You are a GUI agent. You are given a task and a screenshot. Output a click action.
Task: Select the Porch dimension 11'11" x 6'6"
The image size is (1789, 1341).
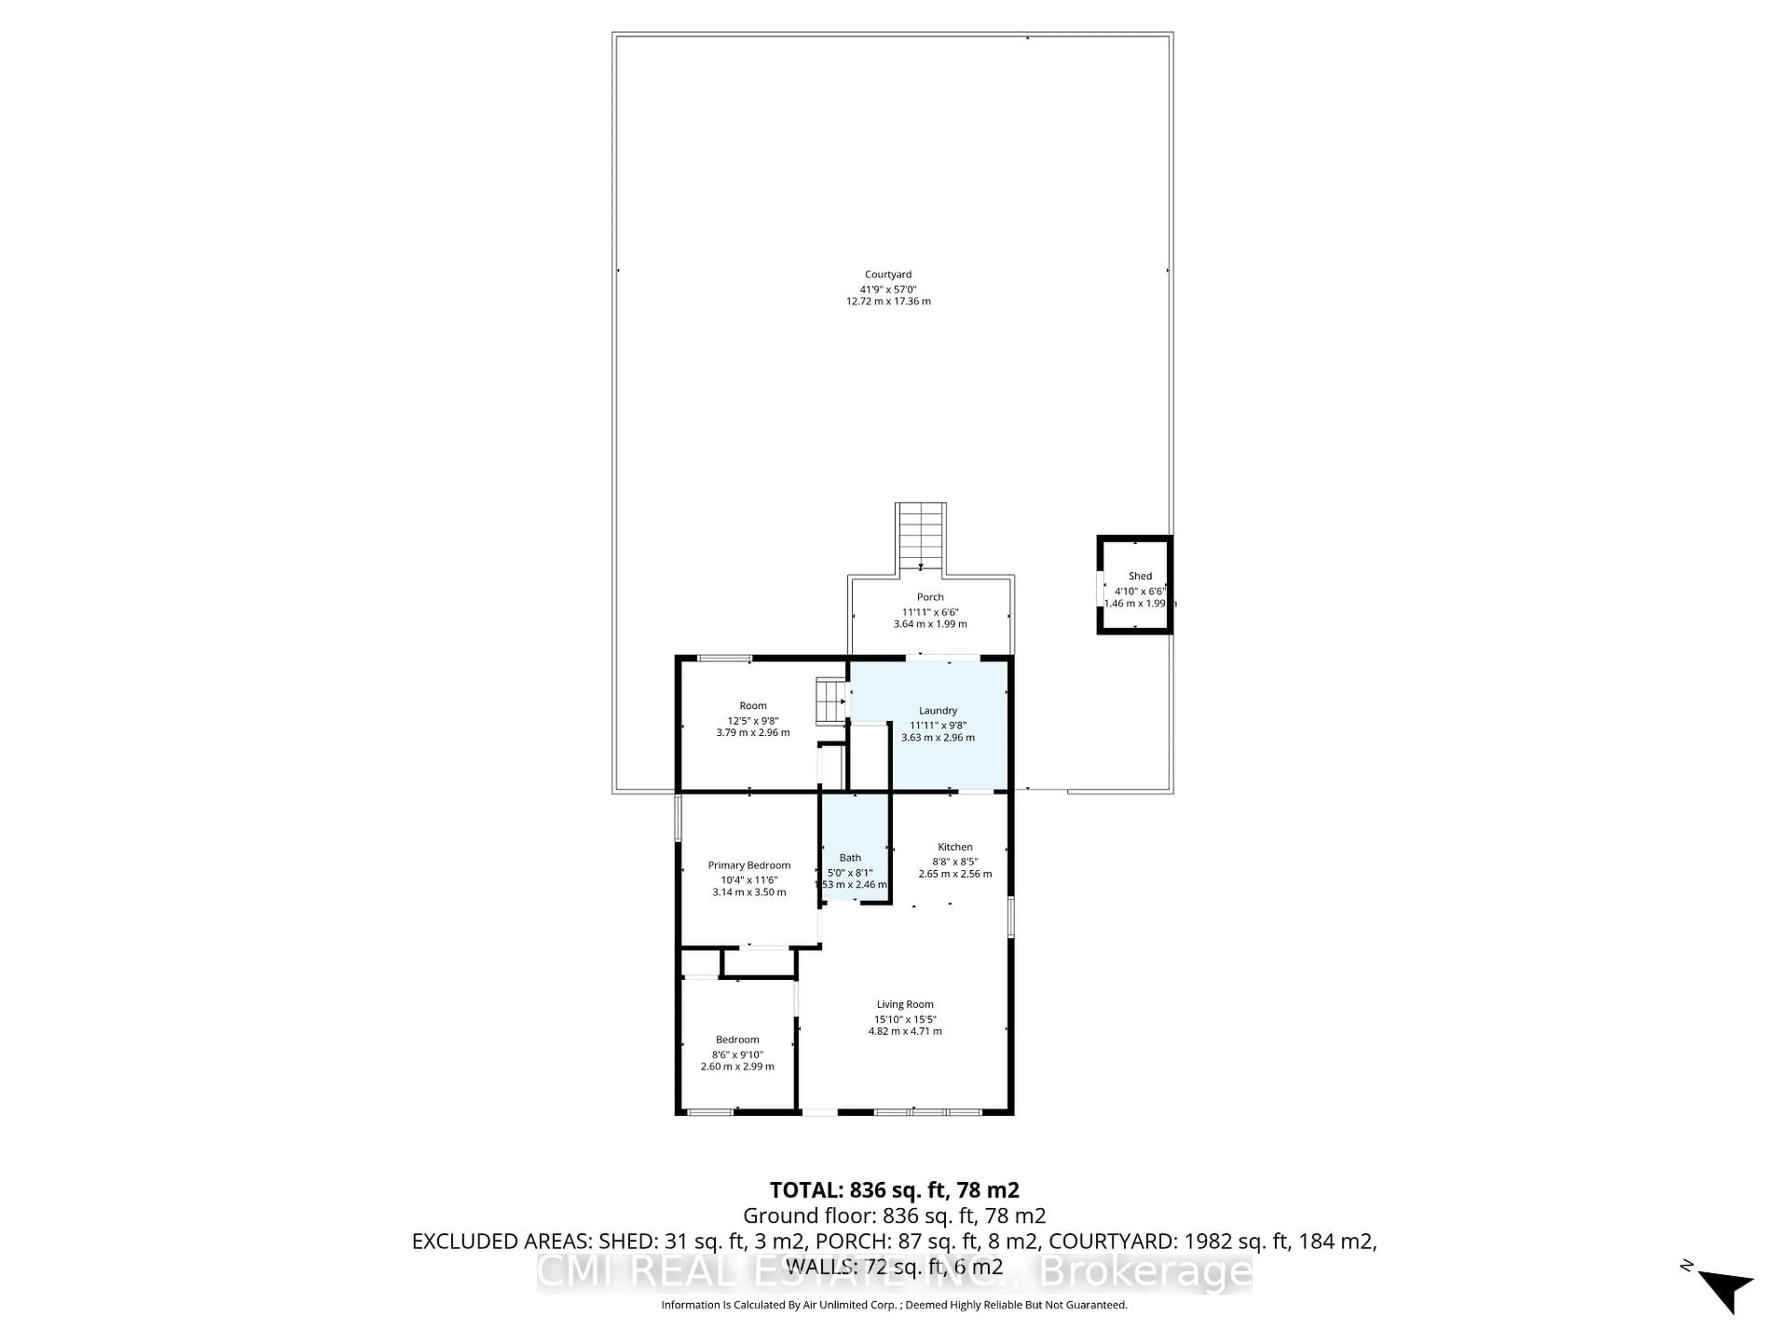coord(930,612)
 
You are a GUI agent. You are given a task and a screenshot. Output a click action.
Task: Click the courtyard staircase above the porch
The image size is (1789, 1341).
coord(921,537)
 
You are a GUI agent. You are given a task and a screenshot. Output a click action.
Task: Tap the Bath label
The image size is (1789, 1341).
coord(850,858)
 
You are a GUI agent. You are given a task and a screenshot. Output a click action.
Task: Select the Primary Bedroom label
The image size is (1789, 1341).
coord(749,865)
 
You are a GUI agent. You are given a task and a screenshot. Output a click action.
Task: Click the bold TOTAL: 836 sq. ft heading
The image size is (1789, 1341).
coord(894,1190)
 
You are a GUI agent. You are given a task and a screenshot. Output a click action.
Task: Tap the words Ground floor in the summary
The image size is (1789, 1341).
coord(808,1216)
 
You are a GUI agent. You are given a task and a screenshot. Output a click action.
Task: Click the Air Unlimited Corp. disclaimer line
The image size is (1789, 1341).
coord(894,1305)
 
